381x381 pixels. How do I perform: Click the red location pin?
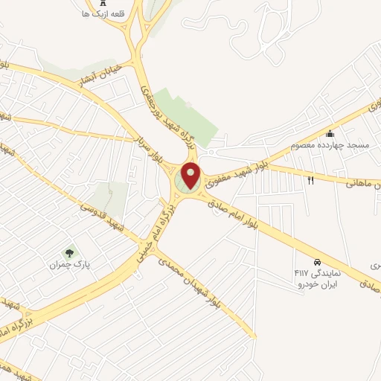point(191,175)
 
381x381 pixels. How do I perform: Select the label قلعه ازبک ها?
point(103,13)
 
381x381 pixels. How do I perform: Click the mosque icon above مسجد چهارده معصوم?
point(330,134)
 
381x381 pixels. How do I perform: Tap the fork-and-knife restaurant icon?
point(311,180)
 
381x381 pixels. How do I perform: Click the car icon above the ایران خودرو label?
point(317,262)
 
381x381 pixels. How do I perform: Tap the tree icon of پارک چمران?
point(71,252)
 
